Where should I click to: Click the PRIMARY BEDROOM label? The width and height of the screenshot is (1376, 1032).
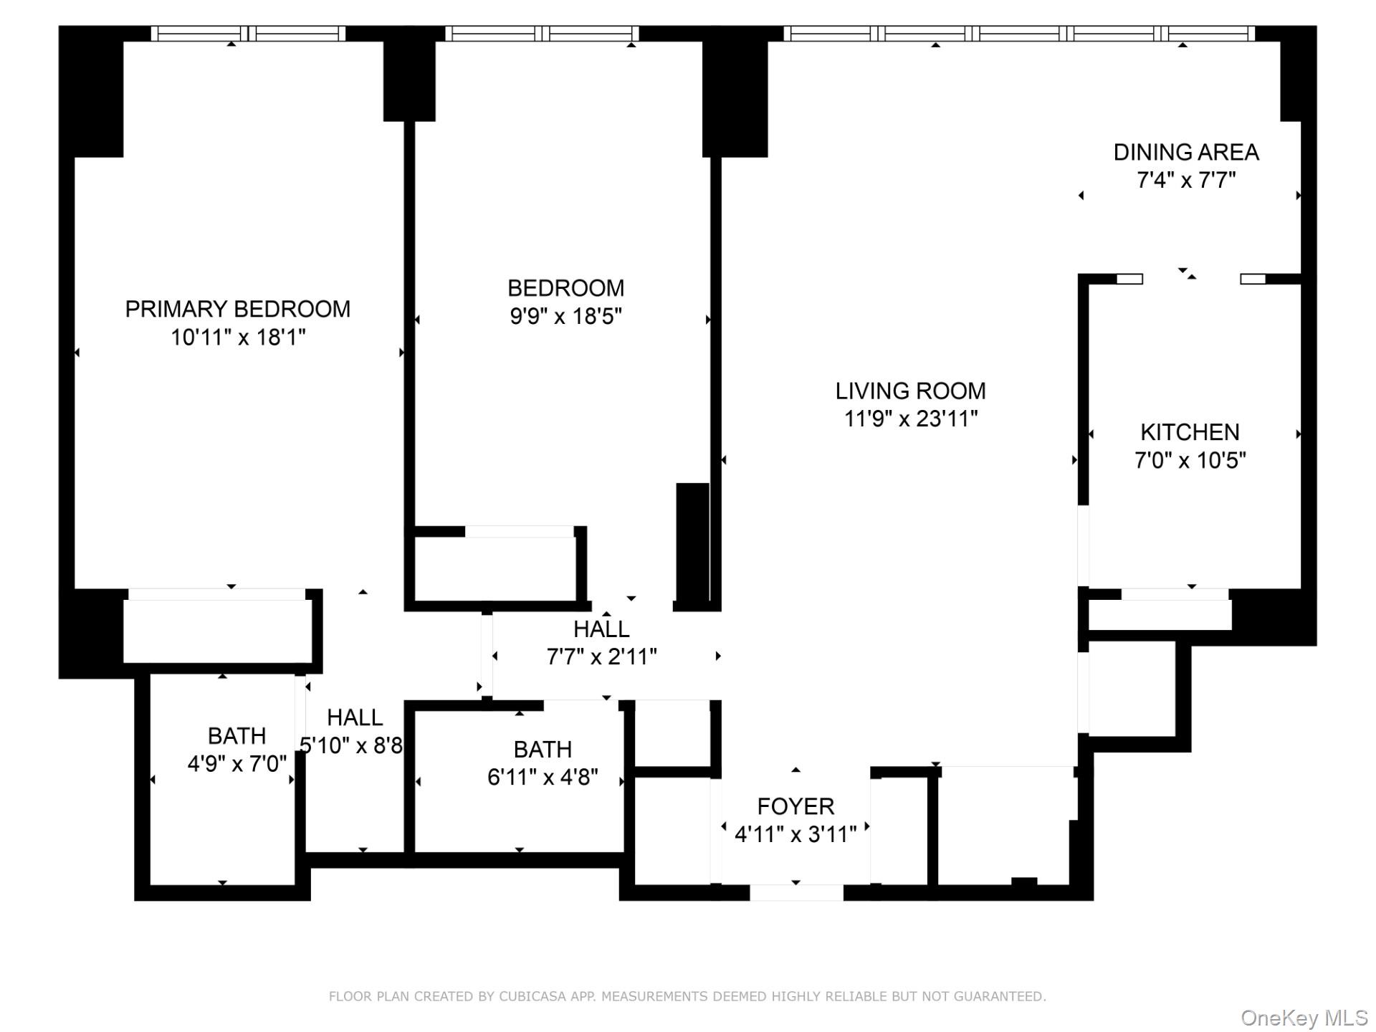point(238,309)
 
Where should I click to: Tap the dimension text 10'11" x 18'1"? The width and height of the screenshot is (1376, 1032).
point(238,337)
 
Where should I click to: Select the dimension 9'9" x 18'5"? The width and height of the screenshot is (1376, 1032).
point(565,316)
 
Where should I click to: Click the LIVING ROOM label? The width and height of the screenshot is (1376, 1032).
point(910,391)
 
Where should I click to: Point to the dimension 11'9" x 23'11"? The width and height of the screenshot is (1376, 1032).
point(910,419)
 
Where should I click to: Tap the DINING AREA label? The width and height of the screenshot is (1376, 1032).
point(1186,152)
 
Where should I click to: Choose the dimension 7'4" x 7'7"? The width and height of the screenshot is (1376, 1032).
point(1186,180)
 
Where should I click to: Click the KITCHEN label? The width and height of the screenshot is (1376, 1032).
point(1190,432)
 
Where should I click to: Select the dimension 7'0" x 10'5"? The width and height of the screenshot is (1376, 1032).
point(1190,460)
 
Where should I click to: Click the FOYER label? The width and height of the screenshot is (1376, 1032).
point(795,806)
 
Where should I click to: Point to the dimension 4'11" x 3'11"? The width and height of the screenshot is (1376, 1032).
point(795,834)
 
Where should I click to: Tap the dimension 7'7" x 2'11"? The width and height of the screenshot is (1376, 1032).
point(601,656)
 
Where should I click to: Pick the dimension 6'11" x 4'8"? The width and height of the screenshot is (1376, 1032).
point(543,777)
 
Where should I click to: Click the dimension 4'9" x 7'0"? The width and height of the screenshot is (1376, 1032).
point(237,764)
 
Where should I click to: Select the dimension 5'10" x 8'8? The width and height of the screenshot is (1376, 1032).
point(351,745)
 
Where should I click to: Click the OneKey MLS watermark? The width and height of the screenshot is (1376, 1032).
point(1304,1018)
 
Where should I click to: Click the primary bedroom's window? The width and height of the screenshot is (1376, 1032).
point(248,34)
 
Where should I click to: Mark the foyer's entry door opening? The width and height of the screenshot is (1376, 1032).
point(796,892)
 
